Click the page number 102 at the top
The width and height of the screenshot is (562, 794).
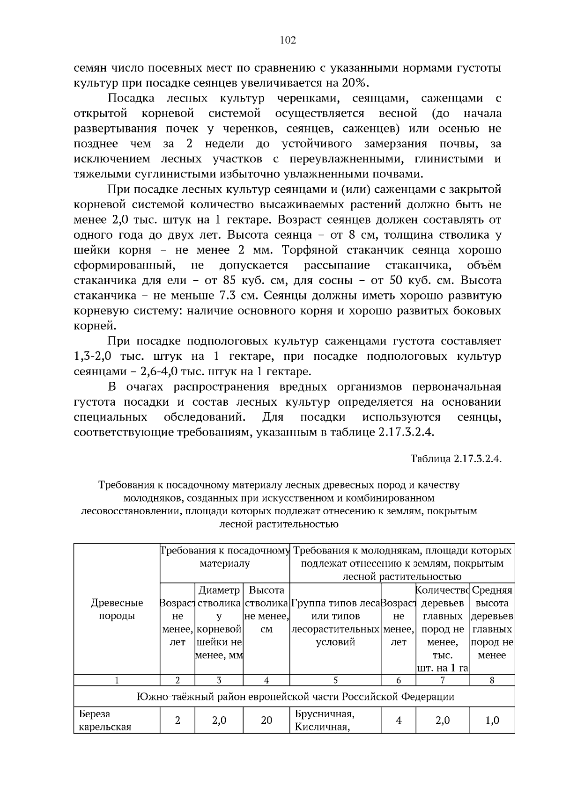click(288, 40)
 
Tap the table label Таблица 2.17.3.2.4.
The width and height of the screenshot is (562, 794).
click(456, 459)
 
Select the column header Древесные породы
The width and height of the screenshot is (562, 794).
click(117, 609)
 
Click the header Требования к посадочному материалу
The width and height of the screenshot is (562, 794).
click(225, 557)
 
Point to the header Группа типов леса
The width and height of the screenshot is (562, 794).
click(335, 603)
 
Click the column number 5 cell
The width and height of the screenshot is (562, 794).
click(335, 680)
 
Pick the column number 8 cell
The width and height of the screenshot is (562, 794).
click(492, 680)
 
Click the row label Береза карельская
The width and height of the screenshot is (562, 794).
click(105, 720)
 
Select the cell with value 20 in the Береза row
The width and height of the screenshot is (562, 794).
click(266, 720)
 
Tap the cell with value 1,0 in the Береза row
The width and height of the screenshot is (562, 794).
click(492, 720)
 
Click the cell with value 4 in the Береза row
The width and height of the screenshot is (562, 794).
click(398, 720)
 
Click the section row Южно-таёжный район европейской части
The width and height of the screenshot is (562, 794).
click(295, 697)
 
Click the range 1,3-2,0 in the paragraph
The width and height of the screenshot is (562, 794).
click(92, 357)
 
